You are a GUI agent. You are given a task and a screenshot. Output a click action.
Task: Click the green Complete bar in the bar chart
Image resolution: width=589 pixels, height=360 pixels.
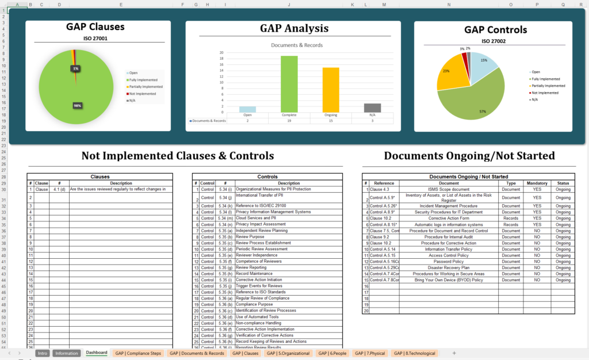[x=289, y=84]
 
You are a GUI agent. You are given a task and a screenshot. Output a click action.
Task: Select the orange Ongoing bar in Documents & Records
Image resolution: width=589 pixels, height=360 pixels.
[x=330, y=90]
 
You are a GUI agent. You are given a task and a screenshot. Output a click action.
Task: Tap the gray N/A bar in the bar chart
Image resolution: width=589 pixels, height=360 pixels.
[x=372, y=108]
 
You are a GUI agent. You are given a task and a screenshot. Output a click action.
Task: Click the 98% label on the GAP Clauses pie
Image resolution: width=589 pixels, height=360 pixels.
[x=77, y=105]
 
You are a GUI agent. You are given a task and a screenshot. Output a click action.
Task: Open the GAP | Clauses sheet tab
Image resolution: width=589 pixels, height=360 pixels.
[x=245, y=353]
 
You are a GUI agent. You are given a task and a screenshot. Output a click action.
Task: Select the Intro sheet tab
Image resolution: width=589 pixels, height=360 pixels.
[x=42, y=353]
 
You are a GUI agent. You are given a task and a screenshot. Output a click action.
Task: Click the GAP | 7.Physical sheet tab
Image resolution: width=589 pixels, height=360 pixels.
[x=369, y=353]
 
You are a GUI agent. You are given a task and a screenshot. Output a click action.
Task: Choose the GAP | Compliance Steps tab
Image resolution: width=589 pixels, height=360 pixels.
[x=138, y=353]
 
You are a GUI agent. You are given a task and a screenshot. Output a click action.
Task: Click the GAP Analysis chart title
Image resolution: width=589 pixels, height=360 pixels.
[x=294, y=28]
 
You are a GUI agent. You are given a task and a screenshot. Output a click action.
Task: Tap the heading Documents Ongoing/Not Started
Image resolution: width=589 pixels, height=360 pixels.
[x=469, y=156]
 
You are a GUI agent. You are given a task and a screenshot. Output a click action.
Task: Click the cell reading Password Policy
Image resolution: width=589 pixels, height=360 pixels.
[x=449, y=262]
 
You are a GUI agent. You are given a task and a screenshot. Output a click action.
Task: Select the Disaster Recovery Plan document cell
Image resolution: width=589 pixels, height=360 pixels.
[x=449, y=267]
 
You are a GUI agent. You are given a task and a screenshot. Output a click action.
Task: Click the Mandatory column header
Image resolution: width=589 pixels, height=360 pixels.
[x=537, y=183]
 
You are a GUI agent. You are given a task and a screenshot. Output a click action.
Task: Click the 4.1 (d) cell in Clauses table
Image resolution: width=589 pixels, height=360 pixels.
[x=59, y=189]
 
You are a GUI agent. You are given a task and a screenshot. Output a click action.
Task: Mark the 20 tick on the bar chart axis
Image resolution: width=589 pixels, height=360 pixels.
[x=222, y=52]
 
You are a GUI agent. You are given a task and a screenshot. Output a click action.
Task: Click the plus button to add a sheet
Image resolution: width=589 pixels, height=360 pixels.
[x=454, y=353]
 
